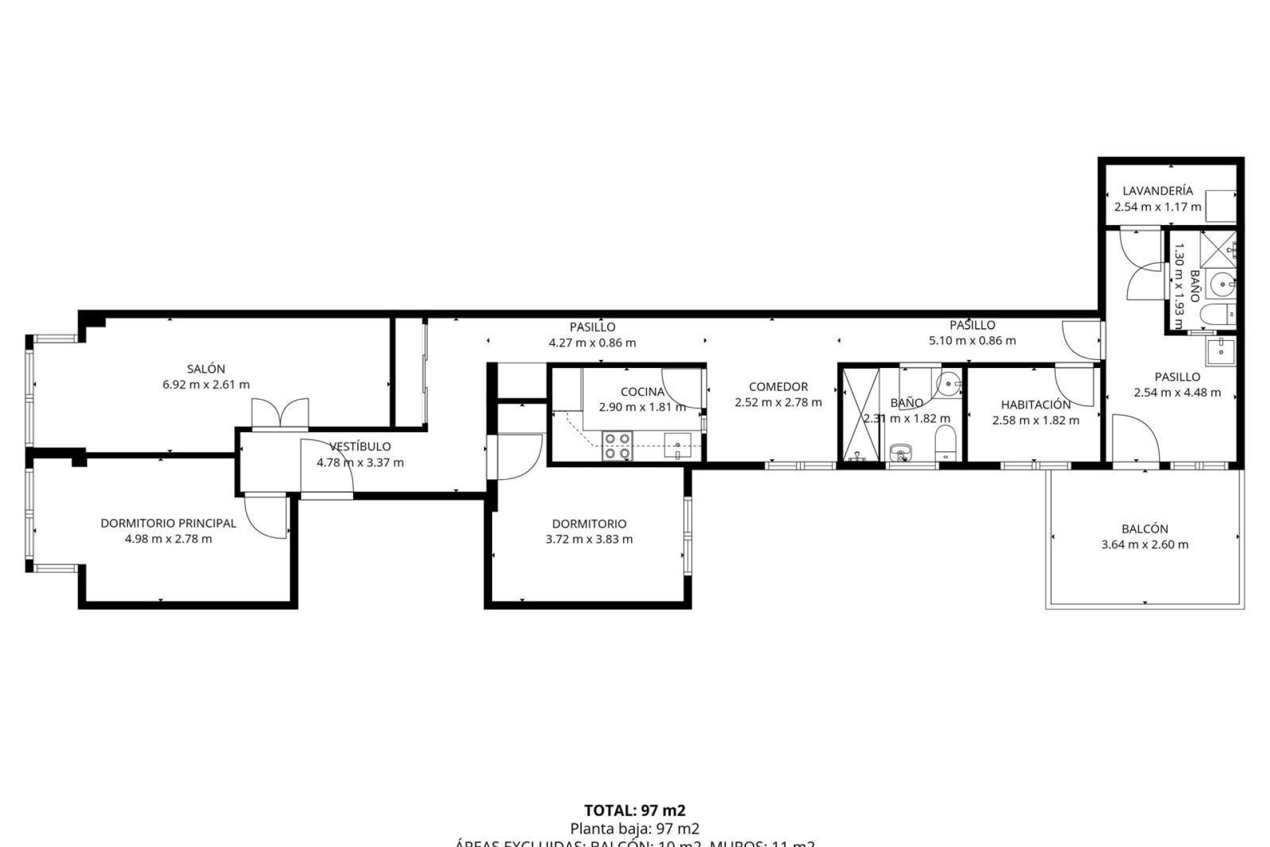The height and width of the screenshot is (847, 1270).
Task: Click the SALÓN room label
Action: pyautogui.click(x=206, y=369)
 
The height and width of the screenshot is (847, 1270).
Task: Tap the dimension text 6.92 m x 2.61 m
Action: pyautogui.click(x=206, y=384)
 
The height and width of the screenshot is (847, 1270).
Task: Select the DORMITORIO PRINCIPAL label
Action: pyautogui.click(x=168, y=523)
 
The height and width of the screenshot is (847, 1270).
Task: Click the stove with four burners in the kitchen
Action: pyautogui.click(x=617, y=445)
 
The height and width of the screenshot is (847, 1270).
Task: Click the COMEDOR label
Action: pyautogui.click(x=778, y=386)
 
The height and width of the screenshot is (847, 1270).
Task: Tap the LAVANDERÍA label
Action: pyautogui.click(x=1158, y=191)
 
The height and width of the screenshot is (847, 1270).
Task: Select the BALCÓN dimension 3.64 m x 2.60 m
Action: pyautogui.click(x=1144, y=545)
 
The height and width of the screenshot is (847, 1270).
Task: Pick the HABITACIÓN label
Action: pyautogui.click(x=1035, y=404)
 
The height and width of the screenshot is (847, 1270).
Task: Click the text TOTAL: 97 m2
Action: pyautogui.click(x=634, y=810)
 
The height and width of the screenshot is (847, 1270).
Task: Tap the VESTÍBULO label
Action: pyautogui.click(x=360, y=447)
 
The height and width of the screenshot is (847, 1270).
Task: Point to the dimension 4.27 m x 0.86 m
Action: pyautogui.click(x=592, y=343)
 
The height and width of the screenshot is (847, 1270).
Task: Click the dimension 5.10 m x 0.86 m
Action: pyautogui.click(x=972, y=341)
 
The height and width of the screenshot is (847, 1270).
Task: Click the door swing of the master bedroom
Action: pyautogui.click(x=265, y=516)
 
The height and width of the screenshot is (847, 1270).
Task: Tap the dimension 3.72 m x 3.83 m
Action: pyautogui.click(x=589, y=539)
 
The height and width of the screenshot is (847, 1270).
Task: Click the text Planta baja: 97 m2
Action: pyautogui.click(x=634, y=828)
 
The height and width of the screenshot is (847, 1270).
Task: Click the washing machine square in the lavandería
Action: pyautogui.click(x=1220, y=205)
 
